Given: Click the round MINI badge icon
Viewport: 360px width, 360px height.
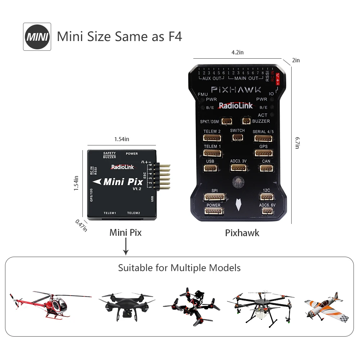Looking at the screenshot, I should (x=37, y=37).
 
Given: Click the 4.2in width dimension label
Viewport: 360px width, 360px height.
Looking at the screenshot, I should (x=237, y=52).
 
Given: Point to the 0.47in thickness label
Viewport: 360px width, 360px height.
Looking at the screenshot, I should (x=81, y=225).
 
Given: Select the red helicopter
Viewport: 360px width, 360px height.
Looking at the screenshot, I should (x=50, y=305).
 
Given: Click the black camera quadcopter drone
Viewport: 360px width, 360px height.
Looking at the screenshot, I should (x=125, y=305).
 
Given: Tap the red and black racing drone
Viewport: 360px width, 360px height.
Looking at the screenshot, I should (x=191, y=306).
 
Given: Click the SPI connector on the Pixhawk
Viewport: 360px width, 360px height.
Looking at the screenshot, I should (x=215, y=197).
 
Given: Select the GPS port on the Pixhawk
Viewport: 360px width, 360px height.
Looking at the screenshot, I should (x=264, y=153).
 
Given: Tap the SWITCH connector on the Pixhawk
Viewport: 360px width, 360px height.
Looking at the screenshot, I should (x=237, y=137).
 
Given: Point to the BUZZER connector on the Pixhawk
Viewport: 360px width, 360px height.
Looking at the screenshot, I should (x=246, y=121).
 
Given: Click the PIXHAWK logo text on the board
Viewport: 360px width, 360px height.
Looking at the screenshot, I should (x=236, y=89).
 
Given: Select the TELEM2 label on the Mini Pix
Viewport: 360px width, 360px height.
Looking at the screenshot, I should (x=134, y=213).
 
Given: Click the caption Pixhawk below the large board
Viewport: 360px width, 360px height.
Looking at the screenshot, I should (x=242, y=233).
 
